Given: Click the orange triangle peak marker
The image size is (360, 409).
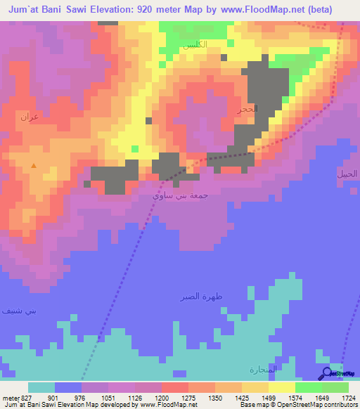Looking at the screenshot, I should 33,166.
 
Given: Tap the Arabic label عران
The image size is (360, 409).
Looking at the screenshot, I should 29,116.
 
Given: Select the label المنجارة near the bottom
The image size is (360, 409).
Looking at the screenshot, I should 264,369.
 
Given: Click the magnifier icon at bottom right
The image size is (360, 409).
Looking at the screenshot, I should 328,374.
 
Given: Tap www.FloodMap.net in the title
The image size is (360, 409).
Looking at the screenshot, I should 260,8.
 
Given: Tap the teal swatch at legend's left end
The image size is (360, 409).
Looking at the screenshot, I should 41,387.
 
